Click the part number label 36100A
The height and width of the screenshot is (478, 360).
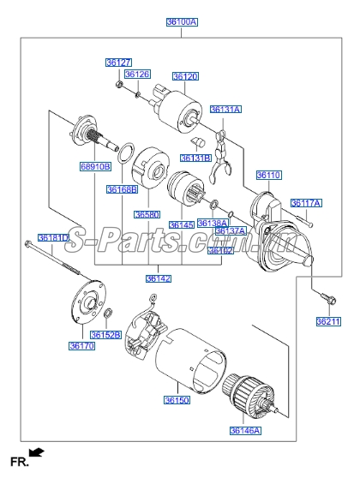coord(181,22)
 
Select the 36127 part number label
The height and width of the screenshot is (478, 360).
coord(118,63)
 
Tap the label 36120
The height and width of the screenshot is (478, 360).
coord(184,76)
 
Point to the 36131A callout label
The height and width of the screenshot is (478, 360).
coord(225,110)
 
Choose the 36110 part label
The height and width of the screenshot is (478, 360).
coord(269,175)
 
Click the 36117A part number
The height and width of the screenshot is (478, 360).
coord(306,203)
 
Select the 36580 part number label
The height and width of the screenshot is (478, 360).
coord(147,213)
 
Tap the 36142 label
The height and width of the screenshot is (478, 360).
coord(158,278)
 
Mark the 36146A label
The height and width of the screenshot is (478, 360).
coord(245,430)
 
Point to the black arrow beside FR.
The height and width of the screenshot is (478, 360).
coord(36,451)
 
